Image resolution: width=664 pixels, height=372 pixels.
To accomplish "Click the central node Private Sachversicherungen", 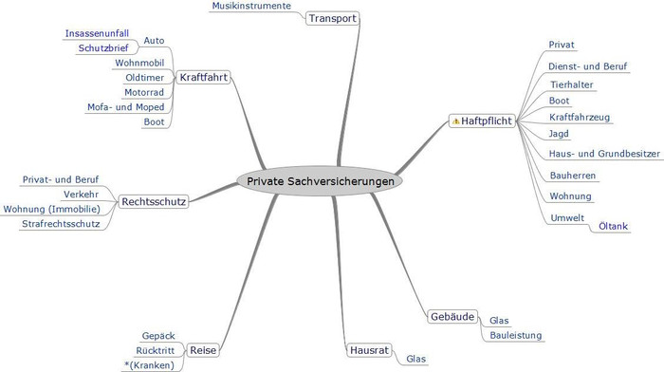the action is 320,181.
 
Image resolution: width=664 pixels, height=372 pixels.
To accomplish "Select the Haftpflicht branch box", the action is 482,121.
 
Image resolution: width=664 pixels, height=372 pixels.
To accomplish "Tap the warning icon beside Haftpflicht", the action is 455,121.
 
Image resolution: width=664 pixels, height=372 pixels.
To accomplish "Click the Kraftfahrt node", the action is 203,77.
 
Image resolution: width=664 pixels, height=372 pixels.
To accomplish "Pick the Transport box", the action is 332,18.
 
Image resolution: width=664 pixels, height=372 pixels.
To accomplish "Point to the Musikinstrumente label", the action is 251,6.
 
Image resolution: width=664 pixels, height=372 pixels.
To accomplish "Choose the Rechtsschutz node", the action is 154,202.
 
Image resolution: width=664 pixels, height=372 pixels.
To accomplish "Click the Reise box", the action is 203,350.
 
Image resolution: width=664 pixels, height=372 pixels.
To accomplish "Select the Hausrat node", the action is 369,350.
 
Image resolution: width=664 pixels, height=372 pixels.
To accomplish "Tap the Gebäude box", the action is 452,317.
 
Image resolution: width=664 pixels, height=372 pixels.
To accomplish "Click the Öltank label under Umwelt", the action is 613,226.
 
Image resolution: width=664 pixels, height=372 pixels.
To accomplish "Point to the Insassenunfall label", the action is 97,33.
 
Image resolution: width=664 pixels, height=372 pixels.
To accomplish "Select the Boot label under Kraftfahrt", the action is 154,122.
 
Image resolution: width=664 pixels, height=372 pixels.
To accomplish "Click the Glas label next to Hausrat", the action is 415,359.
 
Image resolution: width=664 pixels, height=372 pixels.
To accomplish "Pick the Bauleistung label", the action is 516,336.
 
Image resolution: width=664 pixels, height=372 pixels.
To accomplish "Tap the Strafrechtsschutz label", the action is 61,224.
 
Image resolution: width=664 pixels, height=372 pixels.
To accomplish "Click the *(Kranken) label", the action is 150,365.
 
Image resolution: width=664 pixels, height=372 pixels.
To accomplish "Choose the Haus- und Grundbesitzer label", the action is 604,154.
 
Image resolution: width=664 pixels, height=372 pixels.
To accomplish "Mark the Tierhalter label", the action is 572,84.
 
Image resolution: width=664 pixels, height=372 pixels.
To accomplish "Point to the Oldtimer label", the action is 144,78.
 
